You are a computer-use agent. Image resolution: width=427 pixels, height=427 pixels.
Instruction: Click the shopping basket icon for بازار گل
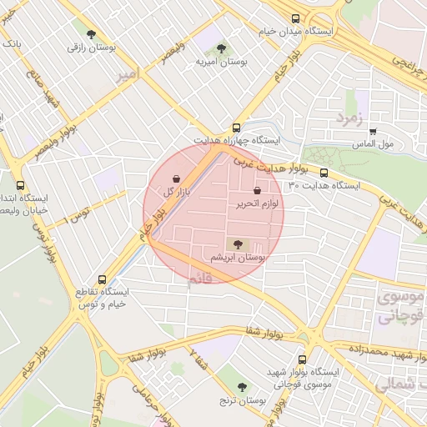(176, 178)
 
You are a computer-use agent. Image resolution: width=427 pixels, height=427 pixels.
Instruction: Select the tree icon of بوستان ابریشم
(239, 244)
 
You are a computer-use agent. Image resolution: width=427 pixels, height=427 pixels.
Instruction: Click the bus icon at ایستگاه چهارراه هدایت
(238, 128)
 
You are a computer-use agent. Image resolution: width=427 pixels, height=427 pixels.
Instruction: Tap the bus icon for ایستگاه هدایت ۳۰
(324, 173)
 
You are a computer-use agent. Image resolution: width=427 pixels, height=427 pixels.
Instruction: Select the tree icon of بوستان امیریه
(221, 48)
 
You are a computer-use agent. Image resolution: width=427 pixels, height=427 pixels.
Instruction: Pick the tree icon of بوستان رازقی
(90, 34)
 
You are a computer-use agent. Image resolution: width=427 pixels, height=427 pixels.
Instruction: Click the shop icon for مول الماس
(372, 131)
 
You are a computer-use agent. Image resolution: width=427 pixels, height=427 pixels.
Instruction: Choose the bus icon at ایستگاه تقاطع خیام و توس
(103, 280)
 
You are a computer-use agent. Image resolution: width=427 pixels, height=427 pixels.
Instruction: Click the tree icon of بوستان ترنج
(243, 387)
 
